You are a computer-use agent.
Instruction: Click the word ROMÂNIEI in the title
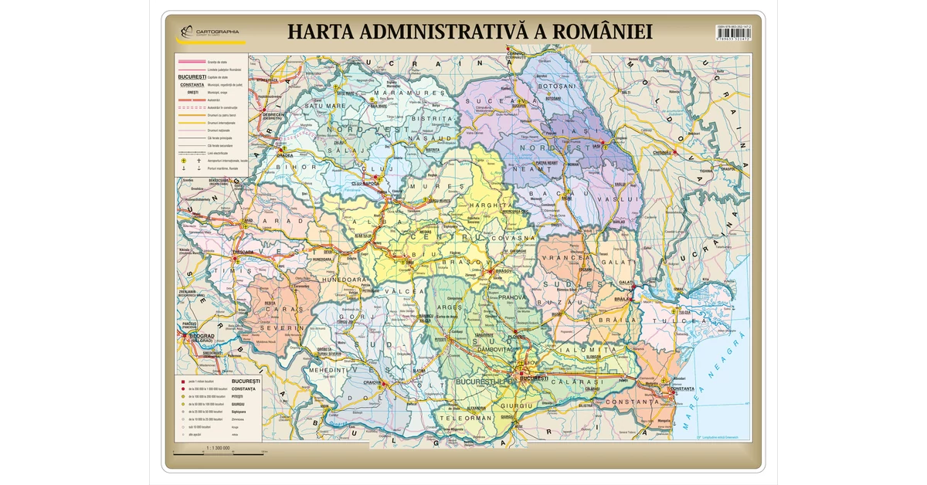click(x=593, y=32)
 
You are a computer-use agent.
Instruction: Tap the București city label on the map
click(x=534, y=378)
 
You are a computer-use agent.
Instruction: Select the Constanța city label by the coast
click(x=682, y=388)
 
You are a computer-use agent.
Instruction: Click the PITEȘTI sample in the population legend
click(x=236, y=396)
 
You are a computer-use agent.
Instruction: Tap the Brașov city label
click(x=504, y=271)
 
